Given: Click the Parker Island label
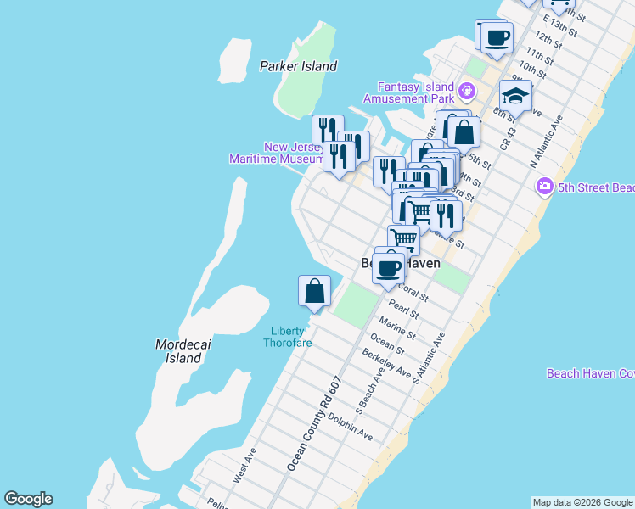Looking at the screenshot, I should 298,66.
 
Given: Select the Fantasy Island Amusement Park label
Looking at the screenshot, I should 412,92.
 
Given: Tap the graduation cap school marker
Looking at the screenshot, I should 515,95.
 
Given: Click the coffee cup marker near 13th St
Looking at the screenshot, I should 497,36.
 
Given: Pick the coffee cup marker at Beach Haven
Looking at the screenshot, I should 389,268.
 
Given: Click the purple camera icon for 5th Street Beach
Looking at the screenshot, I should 545,186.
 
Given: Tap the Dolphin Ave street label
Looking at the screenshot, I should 351,427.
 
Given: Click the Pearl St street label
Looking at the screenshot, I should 404,308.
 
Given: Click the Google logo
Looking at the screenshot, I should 28,499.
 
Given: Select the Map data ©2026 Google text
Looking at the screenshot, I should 582,502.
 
